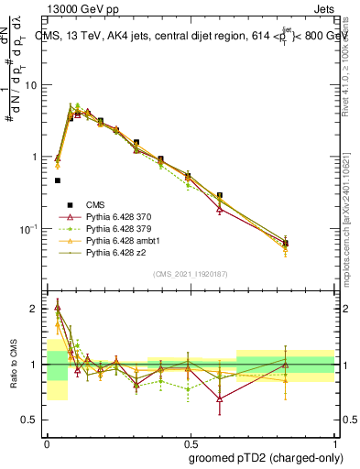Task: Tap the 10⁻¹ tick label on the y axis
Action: [x=33, y=228]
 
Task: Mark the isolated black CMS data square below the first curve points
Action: [x=58, y=180]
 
